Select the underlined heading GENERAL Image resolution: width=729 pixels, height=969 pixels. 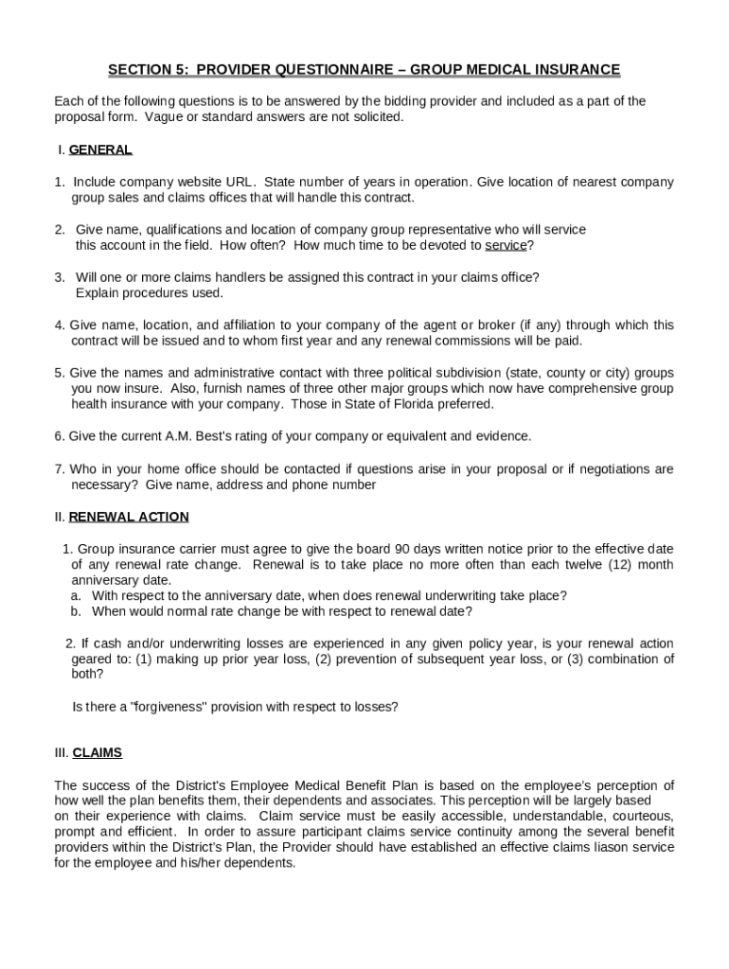pyautogui.click(x=100, y=150)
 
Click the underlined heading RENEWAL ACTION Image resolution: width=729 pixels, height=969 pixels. pyautogui.click(x=129, y=517)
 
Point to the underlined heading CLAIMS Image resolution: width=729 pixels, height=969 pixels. pyautogui.click(x=98, y=753)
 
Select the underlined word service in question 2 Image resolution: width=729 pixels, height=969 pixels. pyautogui.click(x=506, y=246)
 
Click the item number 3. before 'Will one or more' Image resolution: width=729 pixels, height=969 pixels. pyautogui.click(x=60, y=277)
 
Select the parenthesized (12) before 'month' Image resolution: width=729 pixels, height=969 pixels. pyautogui.click(x=612, y=565)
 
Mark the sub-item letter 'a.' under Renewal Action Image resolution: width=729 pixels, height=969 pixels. pyautogui.click(x=76, y=596)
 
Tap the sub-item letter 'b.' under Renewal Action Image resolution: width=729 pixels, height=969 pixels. pyautogui.click(x=76, y=611)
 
